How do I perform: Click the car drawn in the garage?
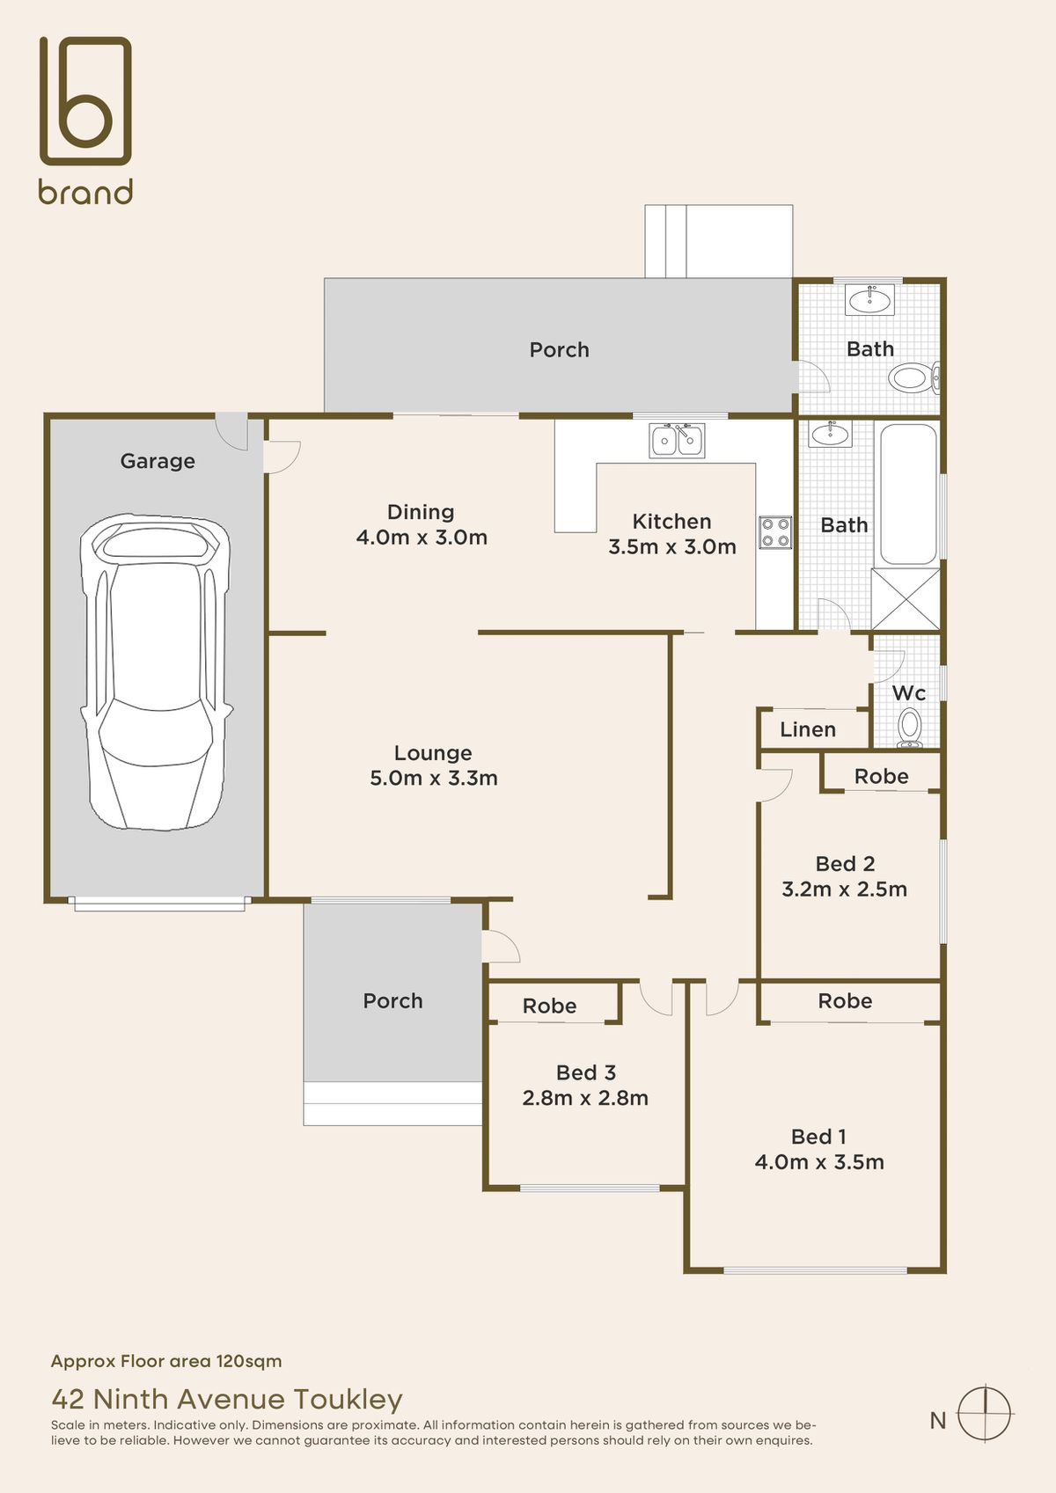(156, 673)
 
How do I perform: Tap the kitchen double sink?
(676, 440)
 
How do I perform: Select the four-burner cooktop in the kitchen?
(775, 532)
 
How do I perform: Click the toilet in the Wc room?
(909, 728)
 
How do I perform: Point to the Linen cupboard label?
(807, 729)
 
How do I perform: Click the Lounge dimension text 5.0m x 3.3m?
(433, 778)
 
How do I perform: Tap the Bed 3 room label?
(585, 1072)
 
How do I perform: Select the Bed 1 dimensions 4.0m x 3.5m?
(818, 1162)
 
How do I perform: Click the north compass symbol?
(985, 1414)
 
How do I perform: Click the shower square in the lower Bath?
(906, 598)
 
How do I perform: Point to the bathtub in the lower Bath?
(908, 494)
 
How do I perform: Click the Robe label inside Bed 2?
(881, 776)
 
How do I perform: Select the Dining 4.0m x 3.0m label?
(422, 537)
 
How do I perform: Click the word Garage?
(158, 461)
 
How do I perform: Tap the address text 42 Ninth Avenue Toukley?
(227, 1399)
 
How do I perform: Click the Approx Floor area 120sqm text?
(166, 1361)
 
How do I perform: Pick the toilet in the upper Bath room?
(912, 379)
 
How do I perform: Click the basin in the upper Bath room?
(869, 301)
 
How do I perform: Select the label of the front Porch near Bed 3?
(392, 1001)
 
